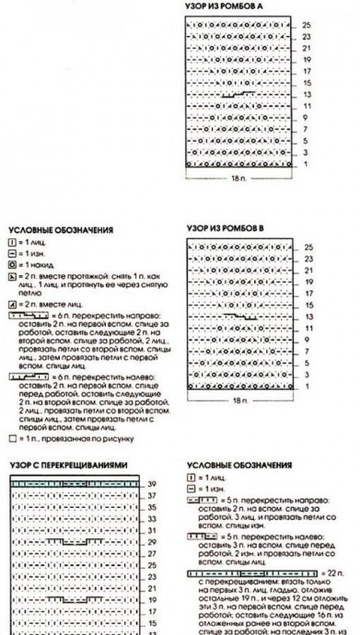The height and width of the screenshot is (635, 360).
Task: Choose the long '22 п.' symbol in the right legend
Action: [x=243, y=571]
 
